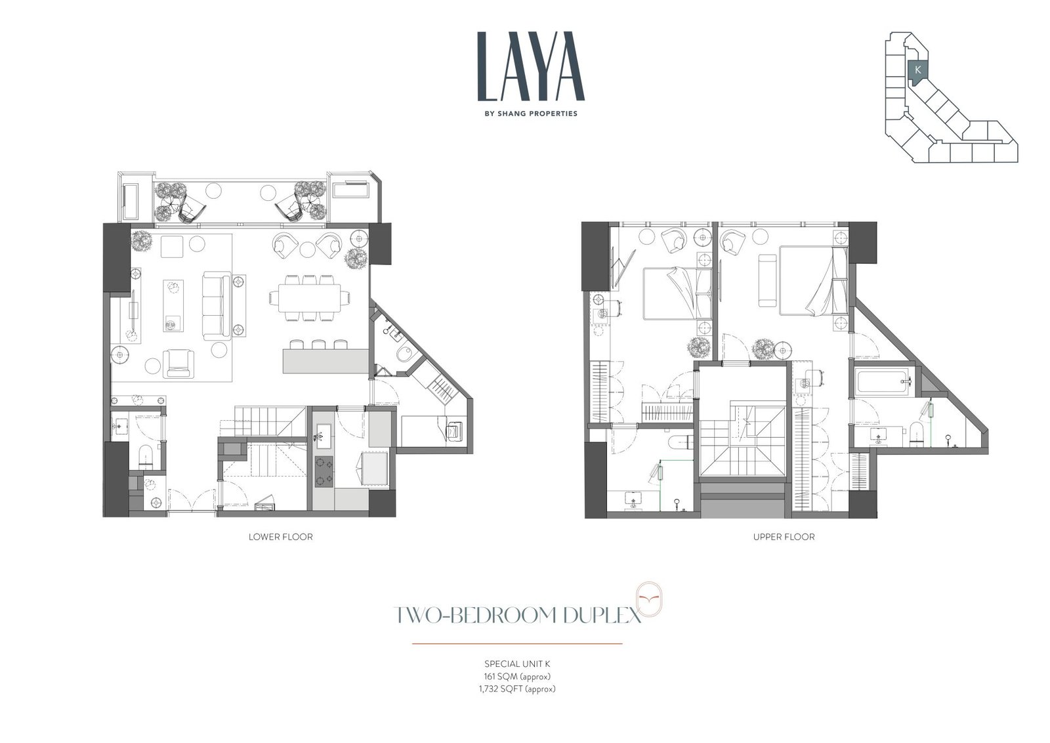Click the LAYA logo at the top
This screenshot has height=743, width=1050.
click(531, 66)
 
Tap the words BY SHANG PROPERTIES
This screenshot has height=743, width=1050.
click(531, 114)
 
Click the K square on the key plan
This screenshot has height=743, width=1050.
click(918, 70)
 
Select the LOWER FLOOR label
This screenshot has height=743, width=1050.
click(280, 537)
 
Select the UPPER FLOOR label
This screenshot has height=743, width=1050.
click(784, 537)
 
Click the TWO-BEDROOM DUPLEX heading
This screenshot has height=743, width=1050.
click(517, 615)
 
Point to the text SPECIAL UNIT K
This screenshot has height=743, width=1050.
click(517, 664)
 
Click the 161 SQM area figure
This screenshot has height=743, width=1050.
click(517, 677)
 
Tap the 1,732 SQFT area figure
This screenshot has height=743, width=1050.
click(517, 689)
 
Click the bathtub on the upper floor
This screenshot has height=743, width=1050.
click(883, 382)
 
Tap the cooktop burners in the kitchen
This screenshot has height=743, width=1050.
click(324, 471)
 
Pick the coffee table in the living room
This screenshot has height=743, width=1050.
click(173, 306)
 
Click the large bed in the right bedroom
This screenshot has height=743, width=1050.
click(813, 280)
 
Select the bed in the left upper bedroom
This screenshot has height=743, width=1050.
click(677, 293)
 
